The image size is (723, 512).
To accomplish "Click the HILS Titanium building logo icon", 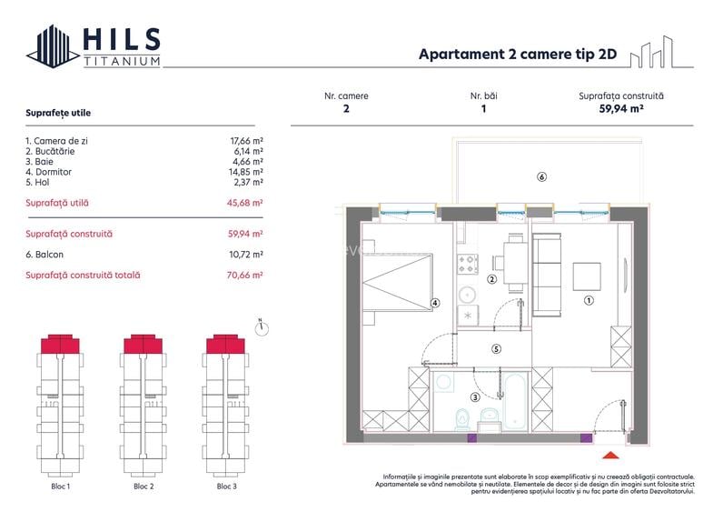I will (54, 46).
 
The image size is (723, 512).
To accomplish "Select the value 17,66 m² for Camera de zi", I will (245, 141).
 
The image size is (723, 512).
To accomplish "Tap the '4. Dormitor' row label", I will (48, 171).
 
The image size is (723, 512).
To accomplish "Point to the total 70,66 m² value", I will (245, 275).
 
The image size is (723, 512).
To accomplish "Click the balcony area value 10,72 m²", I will (245, 255).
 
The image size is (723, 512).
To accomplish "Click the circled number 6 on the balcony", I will (541, 176).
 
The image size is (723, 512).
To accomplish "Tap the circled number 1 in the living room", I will (588, 299).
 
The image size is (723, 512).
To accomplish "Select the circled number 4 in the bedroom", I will (435, 304).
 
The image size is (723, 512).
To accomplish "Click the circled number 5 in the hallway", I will (496, 348).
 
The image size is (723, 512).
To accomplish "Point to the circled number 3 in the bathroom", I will (474, 397).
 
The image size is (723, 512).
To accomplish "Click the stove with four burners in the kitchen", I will (469, 264).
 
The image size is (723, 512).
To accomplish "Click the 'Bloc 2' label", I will (144, 487).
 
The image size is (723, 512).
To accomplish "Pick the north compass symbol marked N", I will (260, 328).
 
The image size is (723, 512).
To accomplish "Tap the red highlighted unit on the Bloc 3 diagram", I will (222, 344).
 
